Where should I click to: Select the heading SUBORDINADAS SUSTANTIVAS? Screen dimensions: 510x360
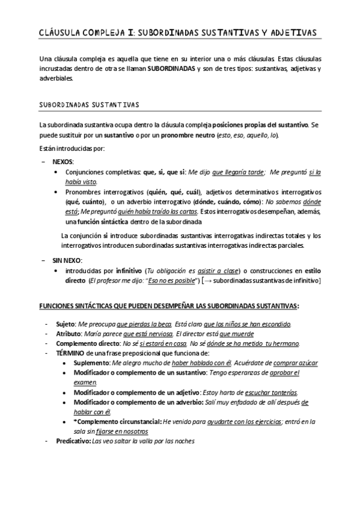[88, 105]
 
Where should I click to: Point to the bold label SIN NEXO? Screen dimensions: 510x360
[67, 260]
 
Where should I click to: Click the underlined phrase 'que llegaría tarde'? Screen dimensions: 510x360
[238, 173]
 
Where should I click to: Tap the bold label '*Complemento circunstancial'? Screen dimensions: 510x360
[117, 422]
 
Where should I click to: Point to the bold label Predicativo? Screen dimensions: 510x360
[70, 441]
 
